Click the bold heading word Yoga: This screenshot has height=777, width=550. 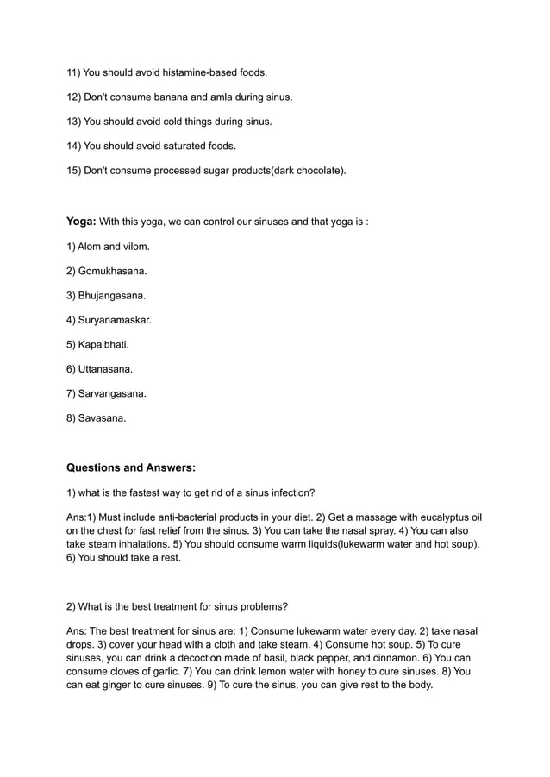82,222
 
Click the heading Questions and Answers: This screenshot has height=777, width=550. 131,468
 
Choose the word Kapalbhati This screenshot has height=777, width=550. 103,345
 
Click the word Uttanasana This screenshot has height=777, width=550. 105,369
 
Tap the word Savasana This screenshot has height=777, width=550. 102,418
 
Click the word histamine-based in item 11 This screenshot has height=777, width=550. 184,72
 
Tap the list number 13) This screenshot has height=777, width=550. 74,122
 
